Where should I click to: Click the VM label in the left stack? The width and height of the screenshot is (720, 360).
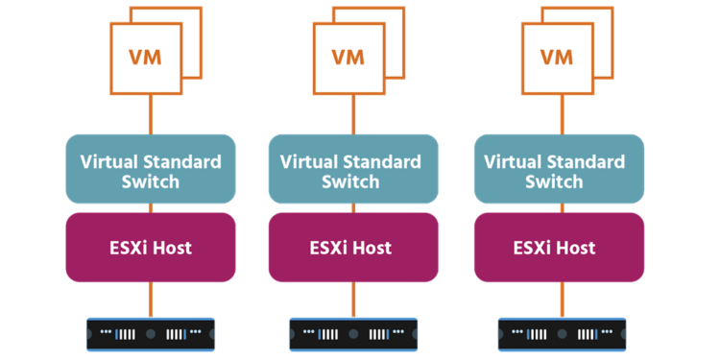146,55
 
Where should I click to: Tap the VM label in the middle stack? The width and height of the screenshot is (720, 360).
348,55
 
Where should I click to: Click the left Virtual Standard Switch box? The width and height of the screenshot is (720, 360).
151,169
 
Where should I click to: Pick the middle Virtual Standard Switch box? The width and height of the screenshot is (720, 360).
353,169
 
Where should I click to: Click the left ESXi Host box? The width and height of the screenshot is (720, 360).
151,248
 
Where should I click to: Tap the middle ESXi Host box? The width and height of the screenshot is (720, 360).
353,248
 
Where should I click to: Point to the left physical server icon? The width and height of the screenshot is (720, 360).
151,334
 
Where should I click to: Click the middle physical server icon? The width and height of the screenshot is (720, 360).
353,334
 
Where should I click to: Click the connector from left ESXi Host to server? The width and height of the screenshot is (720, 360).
151,300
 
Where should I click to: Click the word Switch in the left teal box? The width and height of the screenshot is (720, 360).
151,181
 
